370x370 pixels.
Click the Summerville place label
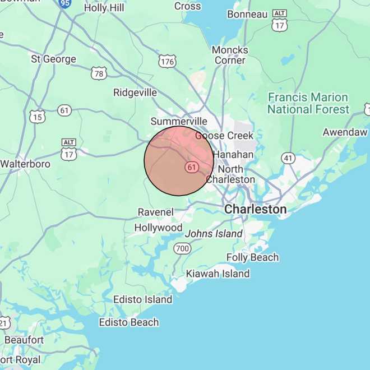point(179,122)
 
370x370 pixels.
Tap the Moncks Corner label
point(230,55)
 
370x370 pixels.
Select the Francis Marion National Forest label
point(308,104)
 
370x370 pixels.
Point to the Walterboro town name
point(25,164)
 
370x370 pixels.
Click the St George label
point(53,59)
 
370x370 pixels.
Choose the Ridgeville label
point(135,92)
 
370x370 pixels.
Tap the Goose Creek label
point(224,136)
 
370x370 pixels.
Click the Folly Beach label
point(252,257)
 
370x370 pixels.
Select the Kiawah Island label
point(218,274)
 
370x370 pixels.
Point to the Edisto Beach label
point(129,322)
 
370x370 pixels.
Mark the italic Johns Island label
point(214,234)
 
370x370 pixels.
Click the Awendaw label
point(345,132)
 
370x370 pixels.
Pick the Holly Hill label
point(104,8)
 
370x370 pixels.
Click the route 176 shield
point(166,62)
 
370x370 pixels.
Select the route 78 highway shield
point(99,73)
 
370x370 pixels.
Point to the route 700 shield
point(182,248)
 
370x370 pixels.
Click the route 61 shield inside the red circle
point(192,167)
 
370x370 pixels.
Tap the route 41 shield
point(288,158)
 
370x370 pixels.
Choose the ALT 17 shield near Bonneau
point(279,21)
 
